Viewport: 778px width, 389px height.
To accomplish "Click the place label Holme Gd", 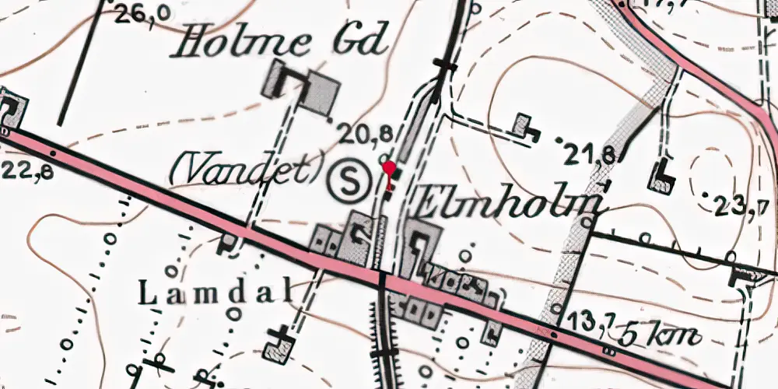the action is (281, 41).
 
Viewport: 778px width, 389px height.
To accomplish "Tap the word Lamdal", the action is (215, 293).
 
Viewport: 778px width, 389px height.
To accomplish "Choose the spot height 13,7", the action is (591, 319).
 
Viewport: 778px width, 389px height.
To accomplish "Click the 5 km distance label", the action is (661, 336).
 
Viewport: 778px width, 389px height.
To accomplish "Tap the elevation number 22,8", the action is (27, 170).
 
